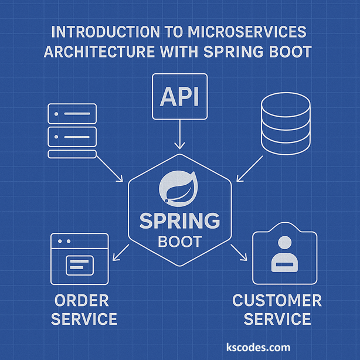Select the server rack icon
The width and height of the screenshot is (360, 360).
72,131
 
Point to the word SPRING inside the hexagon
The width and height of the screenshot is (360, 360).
179,222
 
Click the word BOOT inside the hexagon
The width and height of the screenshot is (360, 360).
179,241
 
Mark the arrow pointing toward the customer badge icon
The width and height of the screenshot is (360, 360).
239,253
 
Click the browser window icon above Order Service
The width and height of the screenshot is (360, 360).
79,259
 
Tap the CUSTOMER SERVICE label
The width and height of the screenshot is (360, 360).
277,310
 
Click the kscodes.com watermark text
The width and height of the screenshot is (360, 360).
258,347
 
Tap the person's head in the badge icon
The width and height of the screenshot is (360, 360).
284,243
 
